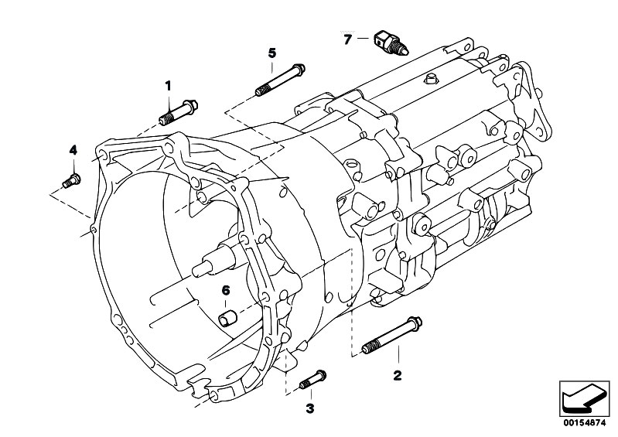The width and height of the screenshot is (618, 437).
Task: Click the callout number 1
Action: [x=168, y=86]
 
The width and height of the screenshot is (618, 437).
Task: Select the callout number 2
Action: [x=398, y=377]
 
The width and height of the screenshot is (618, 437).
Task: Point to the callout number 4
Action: [x=73, y=149]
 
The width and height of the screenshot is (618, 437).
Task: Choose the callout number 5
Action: [x=272, y=52]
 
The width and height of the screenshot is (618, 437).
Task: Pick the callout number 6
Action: [x=226, y=290]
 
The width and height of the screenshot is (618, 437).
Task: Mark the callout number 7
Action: [x=347, y=38]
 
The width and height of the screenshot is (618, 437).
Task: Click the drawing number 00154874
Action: [x=583, y=422]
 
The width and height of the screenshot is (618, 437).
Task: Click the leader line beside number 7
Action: [x=364, y=38]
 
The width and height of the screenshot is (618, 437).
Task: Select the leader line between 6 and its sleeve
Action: [x=226, y=302]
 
